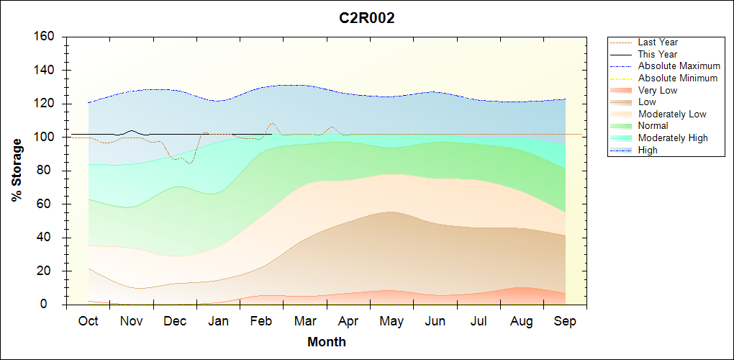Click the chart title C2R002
(367, 19)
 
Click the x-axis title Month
(327, 342)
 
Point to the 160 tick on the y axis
(47, 37)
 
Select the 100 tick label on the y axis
(47, 137)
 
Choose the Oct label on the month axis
(88, 321)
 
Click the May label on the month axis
(391, 321)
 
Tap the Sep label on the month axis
(565, 321)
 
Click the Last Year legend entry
(658, 42)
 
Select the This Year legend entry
(658, 54)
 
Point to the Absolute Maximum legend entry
(679, 66)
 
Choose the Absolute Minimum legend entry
(678, 78)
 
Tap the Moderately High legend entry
(673, 138)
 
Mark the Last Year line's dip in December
(189, 163)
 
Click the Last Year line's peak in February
(271, 123)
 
